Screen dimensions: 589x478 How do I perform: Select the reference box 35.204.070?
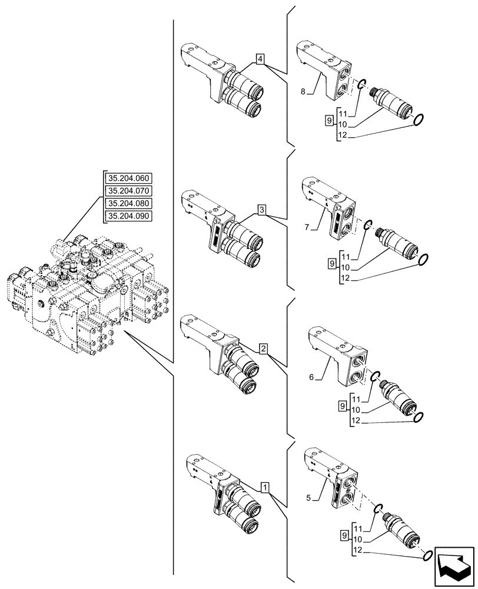[128, 190]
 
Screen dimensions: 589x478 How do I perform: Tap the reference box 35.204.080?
[128, 203]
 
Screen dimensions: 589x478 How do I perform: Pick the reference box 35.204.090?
[128, 216]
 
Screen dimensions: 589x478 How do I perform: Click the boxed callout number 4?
[260, 59]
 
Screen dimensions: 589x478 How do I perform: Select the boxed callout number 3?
[261, 210]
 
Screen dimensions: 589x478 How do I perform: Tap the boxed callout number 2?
[263, 349]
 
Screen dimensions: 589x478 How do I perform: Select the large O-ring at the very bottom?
[429, 555]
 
